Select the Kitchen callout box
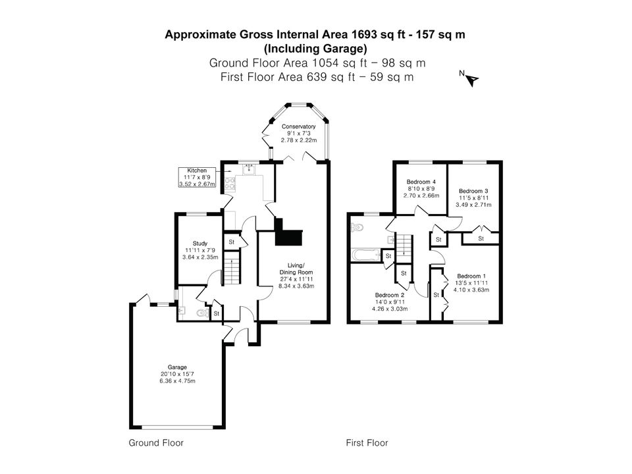tap(197, 177)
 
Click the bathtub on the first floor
tap(366, 255)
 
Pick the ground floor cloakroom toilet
tap(201, 313)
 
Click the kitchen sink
tap(248, 170)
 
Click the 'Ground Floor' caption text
tap(156, 443)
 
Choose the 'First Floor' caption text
tap(367, 443)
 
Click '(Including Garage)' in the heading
tap(315, 49)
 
